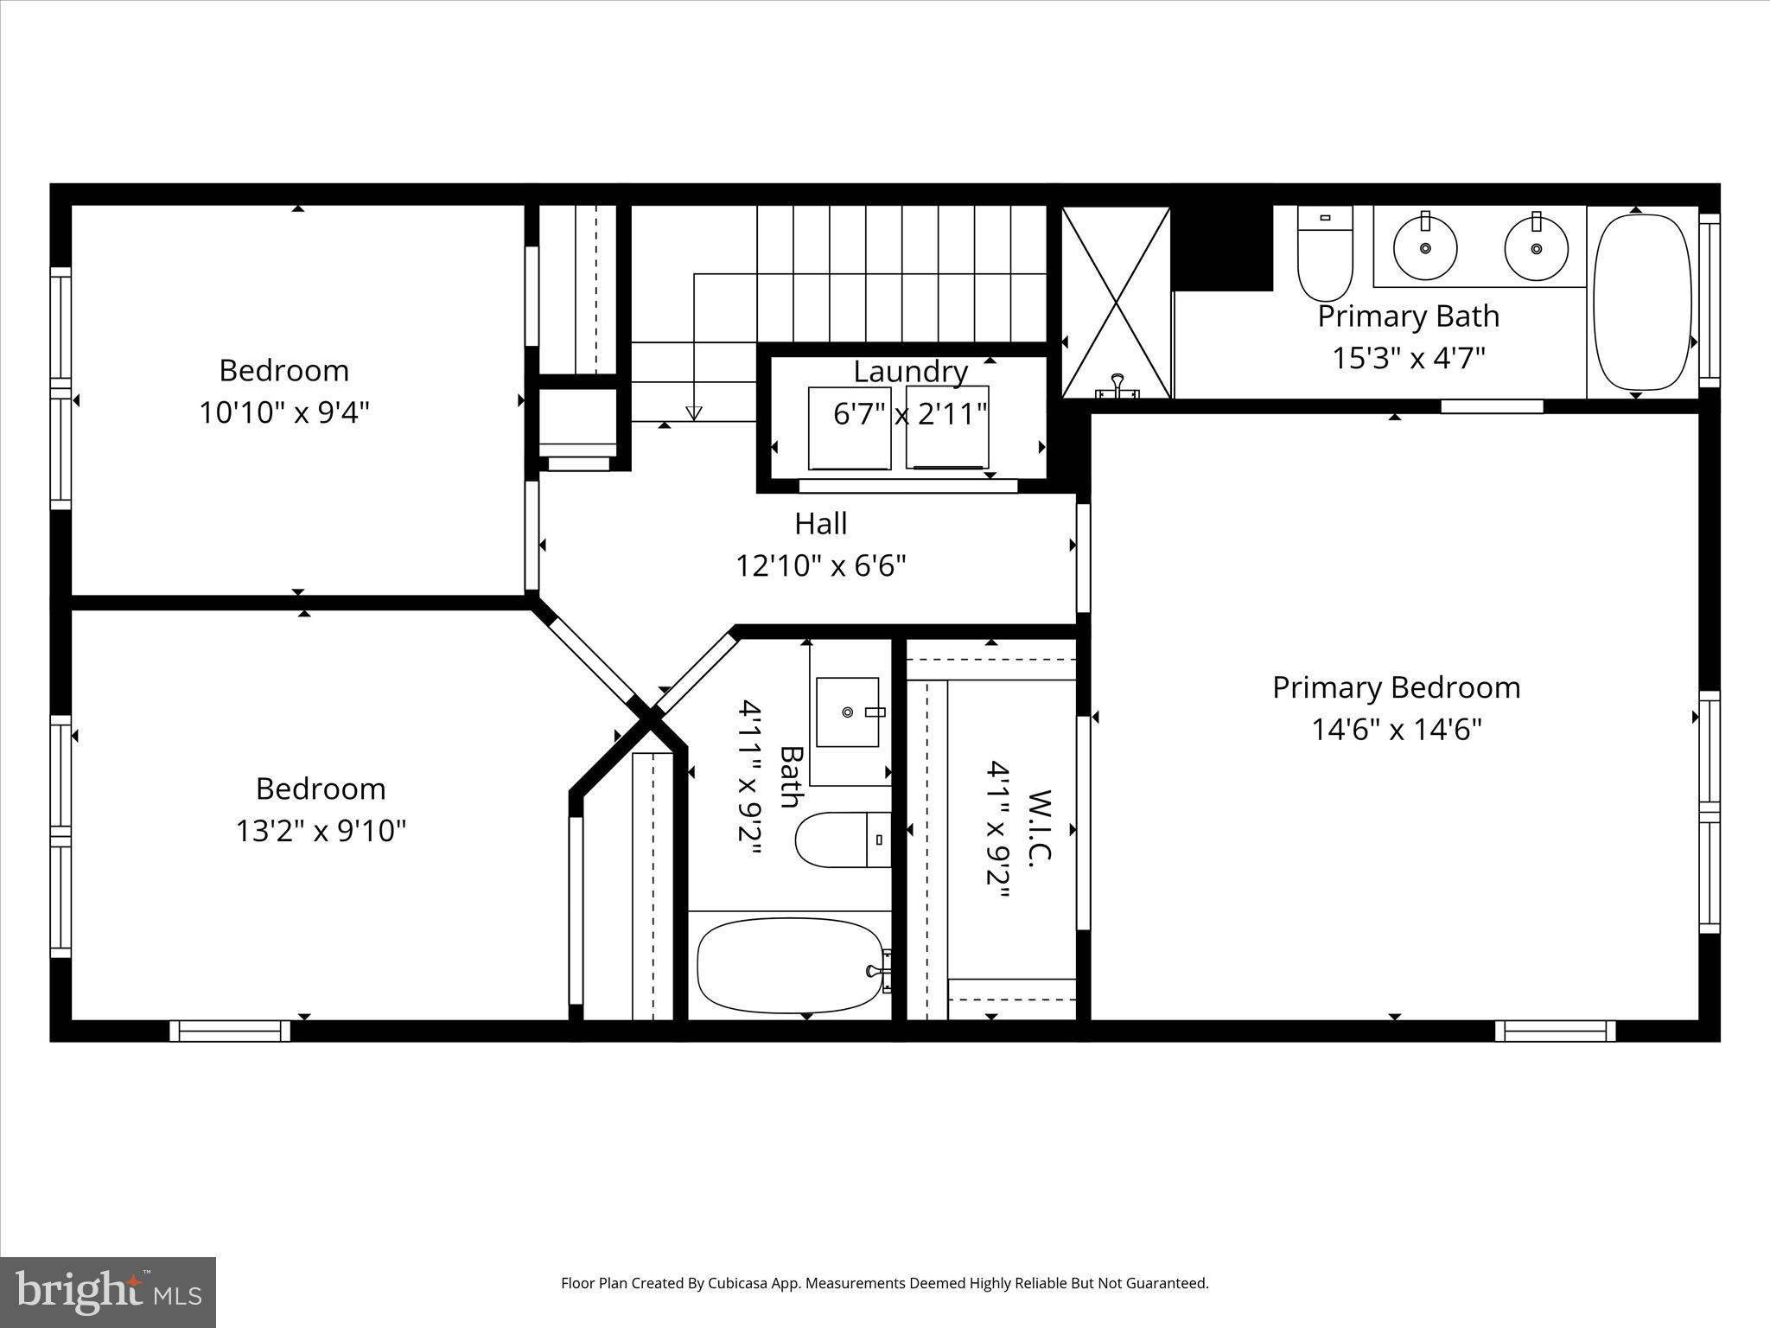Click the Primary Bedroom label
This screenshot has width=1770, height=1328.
click(1396, 688)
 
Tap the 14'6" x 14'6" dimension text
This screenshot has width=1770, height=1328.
click(1397, 731)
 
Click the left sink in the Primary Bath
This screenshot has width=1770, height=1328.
click(1425, 247)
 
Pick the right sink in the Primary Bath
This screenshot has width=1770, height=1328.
click(1536, 247)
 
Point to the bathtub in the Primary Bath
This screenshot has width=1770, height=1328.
click(1641, 302)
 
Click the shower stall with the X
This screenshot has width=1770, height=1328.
click(1116, 302)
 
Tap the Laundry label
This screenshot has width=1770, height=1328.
click(910, 372)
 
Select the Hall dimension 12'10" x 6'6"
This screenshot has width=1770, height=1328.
click(820, 566)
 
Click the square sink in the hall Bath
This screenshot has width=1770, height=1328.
click(848, 712)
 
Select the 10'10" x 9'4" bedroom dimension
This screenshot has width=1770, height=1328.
click(284, 413)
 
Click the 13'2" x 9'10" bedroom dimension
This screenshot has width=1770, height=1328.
click(321, 832)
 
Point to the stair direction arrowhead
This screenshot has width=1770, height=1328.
click(693, 413)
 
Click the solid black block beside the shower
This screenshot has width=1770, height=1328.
click(1221, 247)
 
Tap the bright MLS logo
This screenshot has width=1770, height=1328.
click(108, 1292)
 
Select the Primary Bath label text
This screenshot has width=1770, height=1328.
click(1408, 316)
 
